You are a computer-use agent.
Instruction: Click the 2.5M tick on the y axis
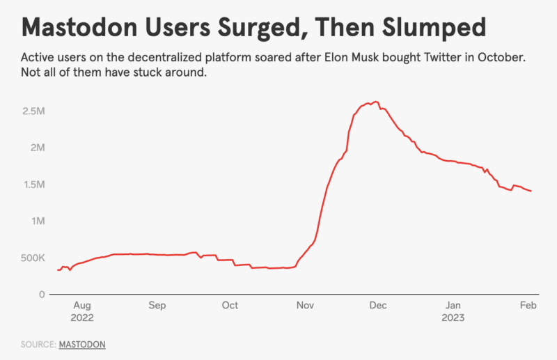point(33,111)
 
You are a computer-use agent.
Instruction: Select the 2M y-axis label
point(38,148)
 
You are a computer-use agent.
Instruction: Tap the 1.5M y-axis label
point(33,185)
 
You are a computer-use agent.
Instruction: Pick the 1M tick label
point(38,221)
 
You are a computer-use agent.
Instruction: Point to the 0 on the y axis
point(42,295)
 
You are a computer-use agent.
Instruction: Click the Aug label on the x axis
point(81,306)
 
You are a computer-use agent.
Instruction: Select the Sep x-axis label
point(157,306)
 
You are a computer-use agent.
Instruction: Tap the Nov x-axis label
point(304,306)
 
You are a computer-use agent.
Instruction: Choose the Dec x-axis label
point(378,306)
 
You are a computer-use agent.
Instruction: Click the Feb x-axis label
point(528,306)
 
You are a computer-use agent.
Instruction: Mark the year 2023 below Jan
point(453,318)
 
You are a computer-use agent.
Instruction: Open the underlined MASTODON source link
point(82,344)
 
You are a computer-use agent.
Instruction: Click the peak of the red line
point(375,102)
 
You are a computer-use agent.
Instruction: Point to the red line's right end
point(532,191)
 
